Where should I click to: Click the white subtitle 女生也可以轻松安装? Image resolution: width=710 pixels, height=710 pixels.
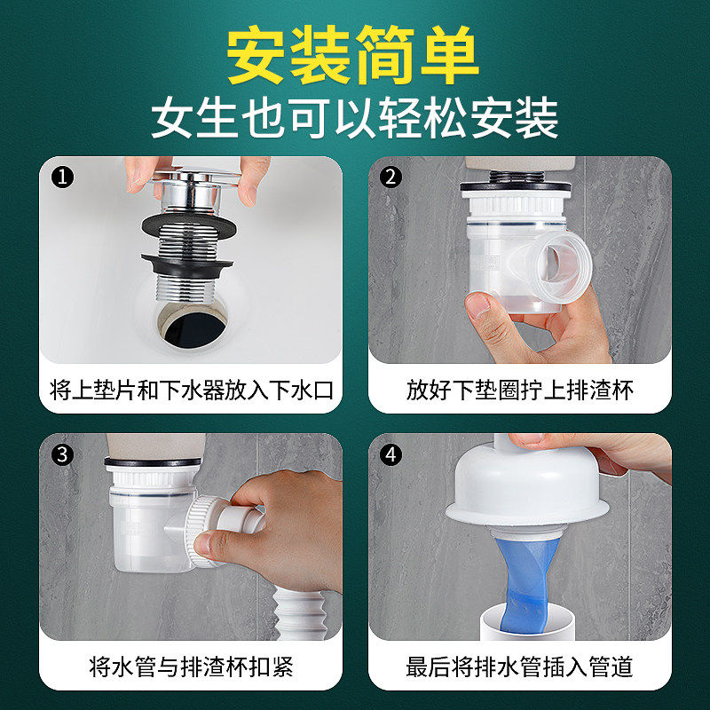pyautogui.click(x=355, y=118)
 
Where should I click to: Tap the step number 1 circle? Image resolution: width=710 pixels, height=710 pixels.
pyautogui.click(x=61, y=177)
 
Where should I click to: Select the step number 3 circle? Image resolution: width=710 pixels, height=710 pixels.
pyautogui.click(x=61, y=454)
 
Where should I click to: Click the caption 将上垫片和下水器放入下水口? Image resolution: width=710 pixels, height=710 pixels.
pyautogui.click(x=191, y=390)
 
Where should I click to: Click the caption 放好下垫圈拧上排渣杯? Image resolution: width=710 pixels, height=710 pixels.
pyautogui.click(x=520, y=390)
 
